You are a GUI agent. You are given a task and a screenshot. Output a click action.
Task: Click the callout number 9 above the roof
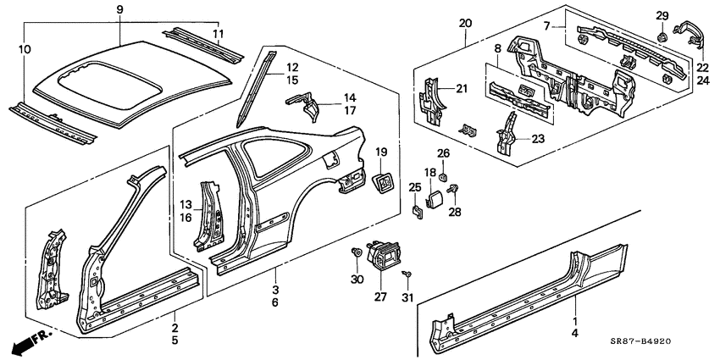coord(119,9)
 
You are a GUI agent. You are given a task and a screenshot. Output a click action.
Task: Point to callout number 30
coord(356,280)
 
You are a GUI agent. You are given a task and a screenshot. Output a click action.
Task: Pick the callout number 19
coord(381,152)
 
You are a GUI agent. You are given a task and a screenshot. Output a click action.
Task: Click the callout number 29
coord(662,16)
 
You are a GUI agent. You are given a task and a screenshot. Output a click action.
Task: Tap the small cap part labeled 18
coord(432,200)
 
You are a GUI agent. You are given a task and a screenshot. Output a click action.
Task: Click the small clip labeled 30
coord(356,252)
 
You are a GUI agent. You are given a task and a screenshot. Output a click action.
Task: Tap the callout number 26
coord(443,153)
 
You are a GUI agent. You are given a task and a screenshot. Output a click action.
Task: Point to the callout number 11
coord(219,33)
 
